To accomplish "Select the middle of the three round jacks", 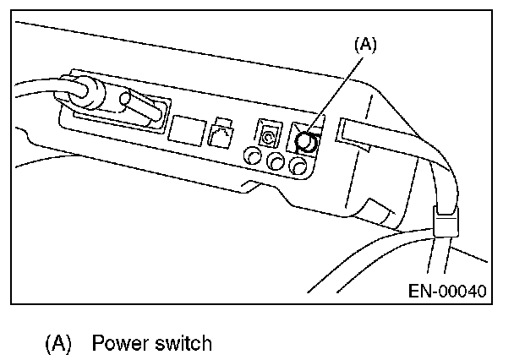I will click(274, 160).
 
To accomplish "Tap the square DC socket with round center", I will click(268, 134).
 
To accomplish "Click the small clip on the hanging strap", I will click(444, 223).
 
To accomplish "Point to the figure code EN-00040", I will click(446, 292).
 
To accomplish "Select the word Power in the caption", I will click(118, 343).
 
